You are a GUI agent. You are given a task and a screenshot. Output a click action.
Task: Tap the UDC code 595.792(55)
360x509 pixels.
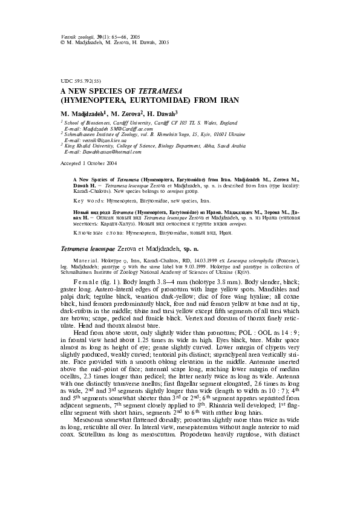click(83, 80)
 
